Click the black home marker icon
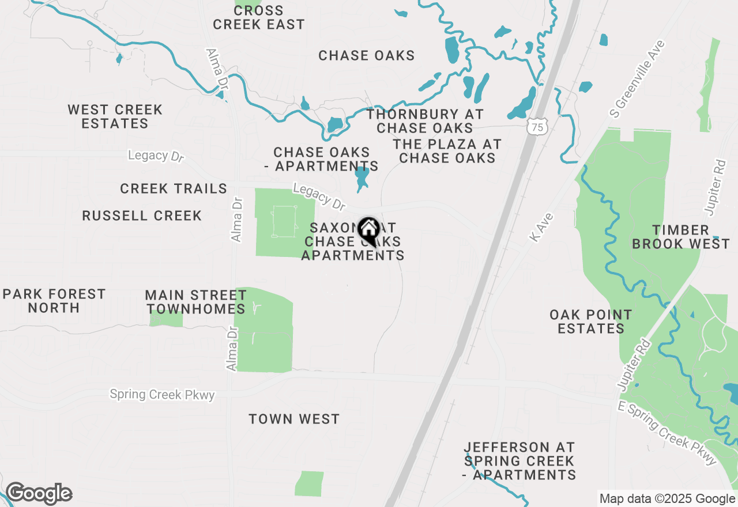click(368, 232)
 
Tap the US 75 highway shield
click(537, 127)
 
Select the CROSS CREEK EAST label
click(258, 18)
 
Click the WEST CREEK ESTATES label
click(115, 116)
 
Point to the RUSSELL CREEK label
click(142, 216)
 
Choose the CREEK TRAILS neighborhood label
click(174, 189)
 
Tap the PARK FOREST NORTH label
click(54, 301)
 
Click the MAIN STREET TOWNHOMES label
click(196, 302)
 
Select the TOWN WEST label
click(294, 419)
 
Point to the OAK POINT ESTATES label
click(591, 321)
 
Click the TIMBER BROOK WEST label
click(681, 237)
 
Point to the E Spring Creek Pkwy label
click(667, 433)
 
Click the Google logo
click(39, 494)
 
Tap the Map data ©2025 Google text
click(667, 499)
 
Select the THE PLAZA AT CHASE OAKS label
click(447, 151)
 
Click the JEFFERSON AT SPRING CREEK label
click(519, 461)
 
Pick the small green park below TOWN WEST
click(310, 483)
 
